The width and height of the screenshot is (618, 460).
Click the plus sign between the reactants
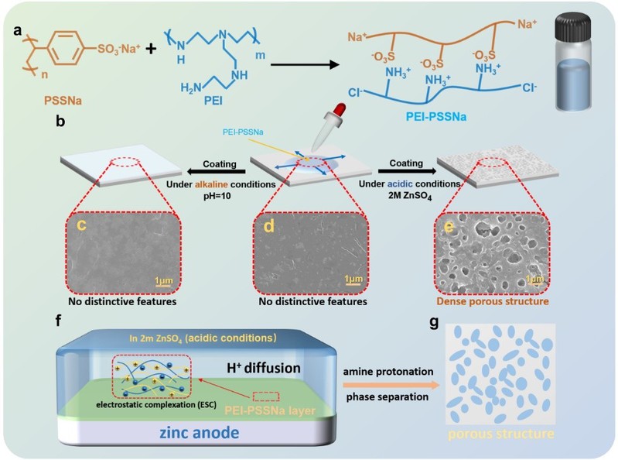coord(151,48)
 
